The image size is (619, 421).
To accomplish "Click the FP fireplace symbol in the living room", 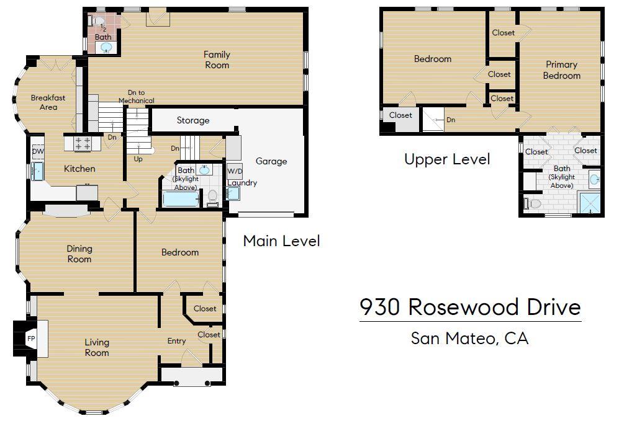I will [x=30, y=339].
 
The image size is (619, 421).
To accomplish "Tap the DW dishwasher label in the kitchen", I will [x=38, y=151].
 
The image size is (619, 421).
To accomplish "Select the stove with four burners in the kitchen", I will [x=83, y=143].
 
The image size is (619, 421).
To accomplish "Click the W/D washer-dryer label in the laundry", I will [x=235, y=171].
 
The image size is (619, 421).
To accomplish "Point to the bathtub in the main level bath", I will [x=181, y=199].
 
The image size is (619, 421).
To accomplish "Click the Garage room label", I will [x=271, y=161].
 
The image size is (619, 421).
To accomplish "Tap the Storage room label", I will [x=193, y=120].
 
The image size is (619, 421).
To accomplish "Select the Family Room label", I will [x=217, y=60].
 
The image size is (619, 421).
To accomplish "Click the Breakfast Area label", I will [x=48, y=102].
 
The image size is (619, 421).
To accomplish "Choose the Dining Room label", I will [x=79, y=254].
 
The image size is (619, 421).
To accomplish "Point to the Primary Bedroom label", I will [x=561, y=70].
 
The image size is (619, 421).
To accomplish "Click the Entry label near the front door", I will [x=176, y=341].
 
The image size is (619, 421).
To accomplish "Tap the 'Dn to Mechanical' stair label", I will [x=137, y=97].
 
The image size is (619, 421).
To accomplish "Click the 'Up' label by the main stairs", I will [x=138, y=159].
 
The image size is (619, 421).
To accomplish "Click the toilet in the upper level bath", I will [x=533, y=203].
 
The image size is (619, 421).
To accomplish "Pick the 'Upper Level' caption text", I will [x=447, y=159].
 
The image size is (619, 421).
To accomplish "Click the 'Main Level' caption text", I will [x=281, y=241].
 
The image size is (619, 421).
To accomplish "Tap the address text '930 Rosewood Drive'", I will [x=470, y=307].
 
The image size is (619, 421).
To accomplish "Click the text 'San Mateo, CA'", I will [x=469, y=339].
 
